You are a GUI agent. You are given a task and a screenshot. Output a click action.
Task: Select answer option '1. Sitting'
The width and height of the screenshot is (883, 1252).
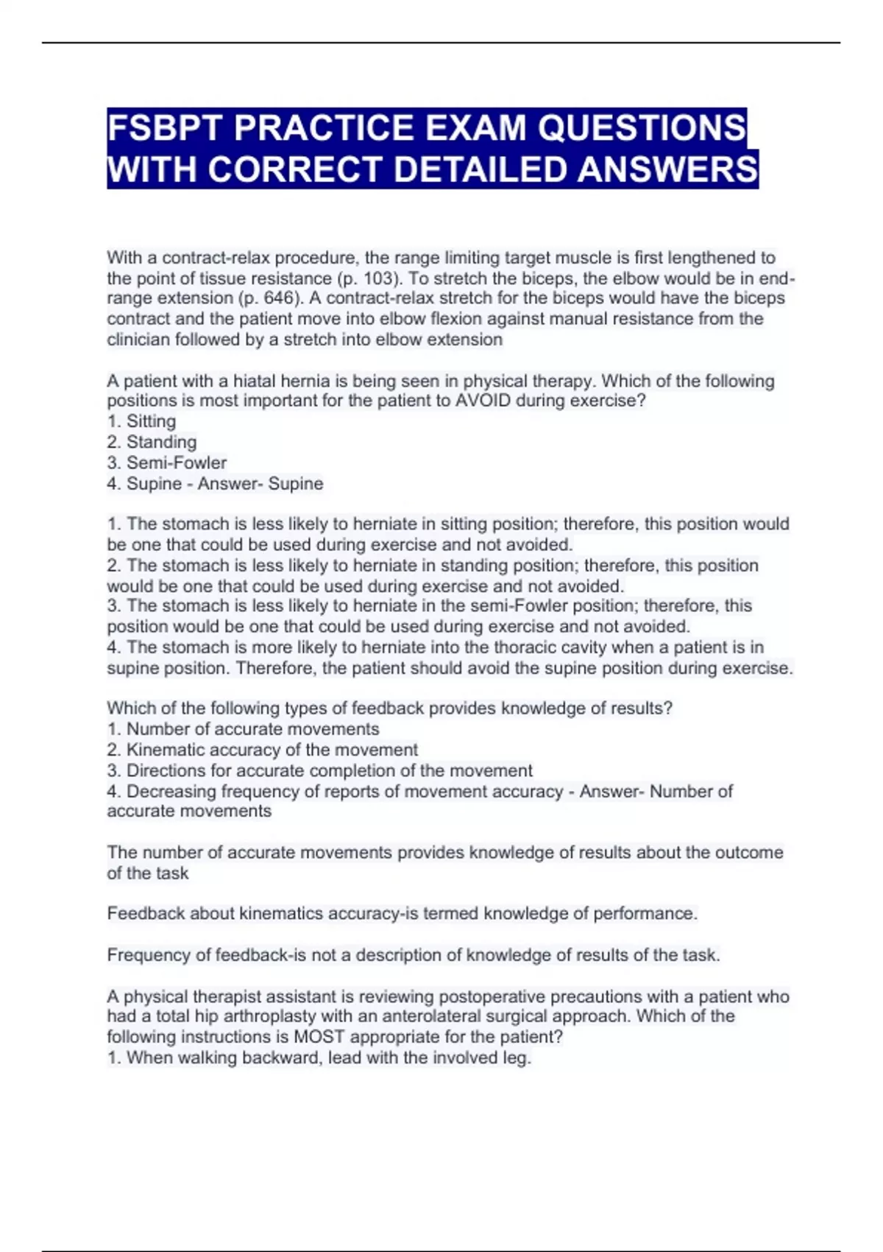pos(141,421)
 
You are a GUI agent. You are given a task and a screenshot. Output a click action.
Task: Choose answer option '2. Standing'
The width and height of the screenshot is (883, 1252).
pos(152,442)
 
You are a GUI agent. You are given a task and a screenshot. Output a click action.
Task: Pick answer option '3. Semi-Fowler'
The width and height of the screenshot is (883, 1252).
pos(166,463)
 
